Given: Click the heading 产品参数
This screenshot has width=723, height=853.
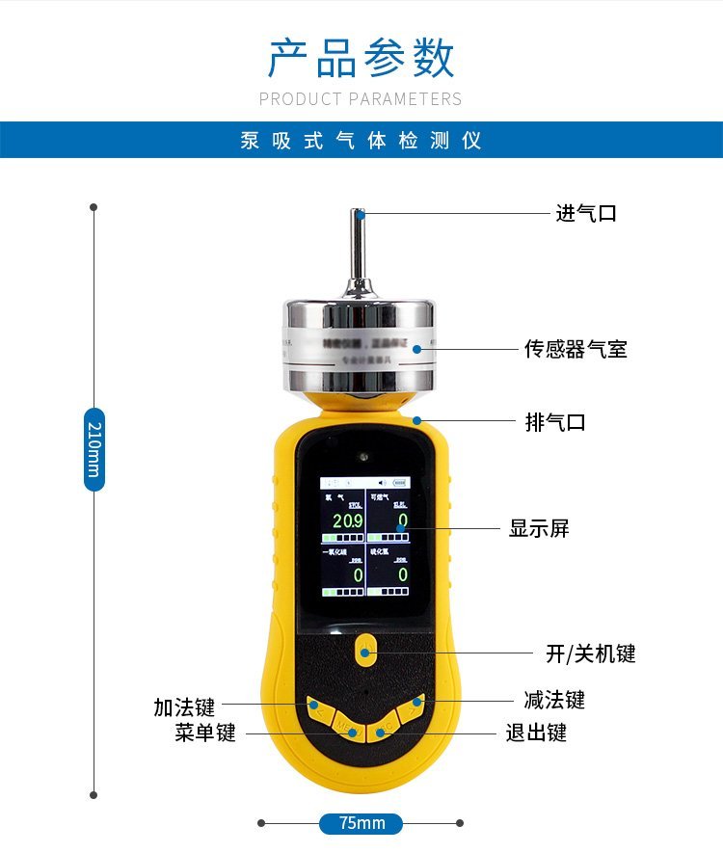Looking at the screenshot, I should point(361,59).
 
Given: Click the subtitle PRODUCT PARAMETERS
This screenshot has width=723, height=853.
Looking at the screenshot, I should point(361,99).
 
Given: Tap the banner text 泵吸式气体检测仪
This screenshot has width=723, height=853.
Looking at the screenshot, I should point(361,141).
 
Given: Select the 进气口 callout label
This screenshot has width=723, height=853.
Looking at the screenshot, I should point(585,213).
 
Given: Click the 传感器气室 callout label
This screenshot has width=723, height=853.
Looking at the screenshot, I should point(576,349).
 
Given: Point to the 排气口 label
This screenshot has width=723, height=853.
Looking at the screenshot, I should point(555,422).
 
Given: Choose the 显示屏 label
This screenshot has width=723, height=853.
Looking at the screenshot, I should point(539,528).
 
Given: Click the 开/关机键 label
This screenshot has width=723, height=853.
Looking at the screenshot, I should point(590,654).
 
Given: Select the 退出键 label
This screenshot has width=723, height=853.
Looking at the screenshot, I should point(536,733).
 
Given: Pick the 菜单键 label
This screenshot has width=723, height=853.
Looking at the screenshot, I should point(205,733).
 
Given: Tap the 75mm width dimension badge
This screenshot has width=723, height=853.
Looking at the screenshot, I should point(361,823).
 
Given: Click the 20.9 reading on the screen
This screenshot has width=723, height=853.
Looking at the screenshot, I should point(347,521).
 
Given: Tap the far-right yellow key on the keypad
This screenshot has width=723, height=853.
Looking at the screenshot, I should point(413,705).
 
